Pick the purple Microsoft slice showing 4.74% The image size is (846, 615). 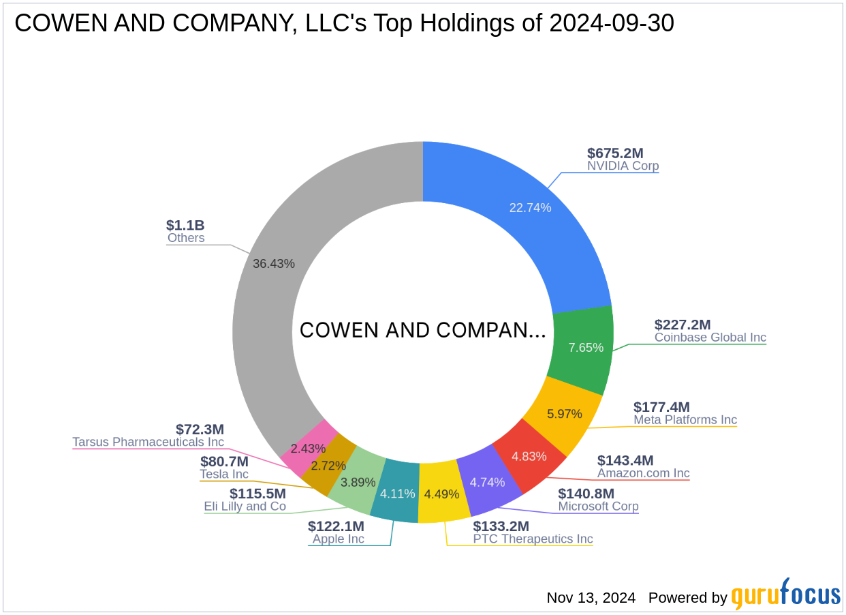pos(487,482)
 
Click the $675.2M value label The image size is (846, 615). pos(615,153)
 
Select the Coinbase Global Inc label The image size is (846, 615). pos(710,337)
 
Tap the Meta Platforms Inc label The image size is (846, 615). pos(685,419)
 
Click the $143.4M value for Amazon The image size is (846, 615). pos(625,460)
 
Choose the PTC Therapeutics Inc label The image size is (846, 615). pos(533,539)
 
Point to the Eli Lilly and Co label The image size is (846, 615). pos(245,507)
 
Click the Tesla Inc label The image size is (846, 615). pos(224,474)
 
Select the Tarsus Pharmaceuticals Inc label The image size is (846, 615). pos(148,442)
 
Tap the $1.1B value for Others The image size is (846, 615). pos(185,225)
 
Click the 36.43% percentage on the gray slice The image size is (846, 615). pos(274,264)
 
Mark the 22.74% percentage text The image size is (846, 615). pos(530,208)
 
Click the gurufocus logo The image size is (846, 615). pos(786,595)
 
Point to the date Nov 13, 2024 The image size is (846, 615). pos(591,598)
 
